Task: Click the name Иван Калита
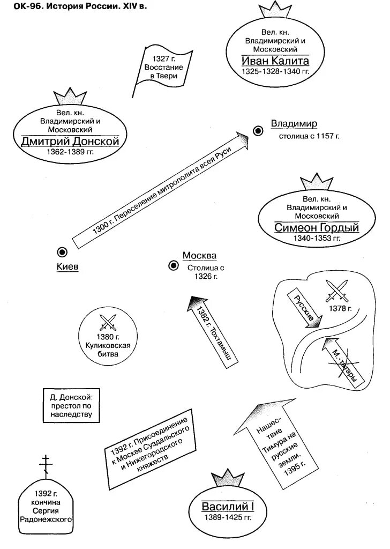pyautogui.click(x=275, y=60)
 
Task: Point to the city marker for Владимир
pyautogui.click(x=258, y=130)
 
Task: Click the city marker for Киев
pyautogui.click(x=62, y=252)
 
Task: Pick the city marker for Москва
pyautogui.click(x=174, y=265)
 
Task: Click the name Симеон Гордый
pyautogui.click(x=316, y=227)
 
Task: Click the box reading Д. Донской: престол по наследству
pyautogui.click(x=71, y=406)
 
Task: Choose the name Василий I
pyautogui.click(x=227, y=506)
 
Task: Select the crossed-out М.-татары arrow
pyautogui.click(x=343, y=363)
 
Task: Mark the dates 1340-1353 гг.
pyautogui.click(x=317, y=238)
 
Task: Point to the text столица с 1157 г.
pyautogui.click(x=309, y=136)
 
